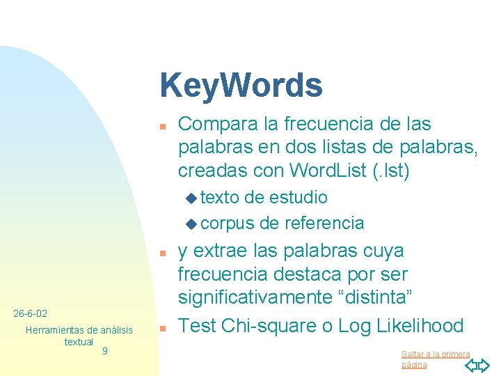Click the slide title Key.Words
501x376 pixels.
click(x=241, y=86)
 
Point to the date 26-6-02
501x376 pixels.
click(x=31, y=314)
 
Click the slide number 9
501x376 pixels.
click(x=104, y=351)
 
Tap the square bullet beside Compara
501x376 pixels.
click(x=160, y=127)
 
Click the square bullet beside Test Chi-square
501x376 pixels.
click(x=160, y=328)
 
